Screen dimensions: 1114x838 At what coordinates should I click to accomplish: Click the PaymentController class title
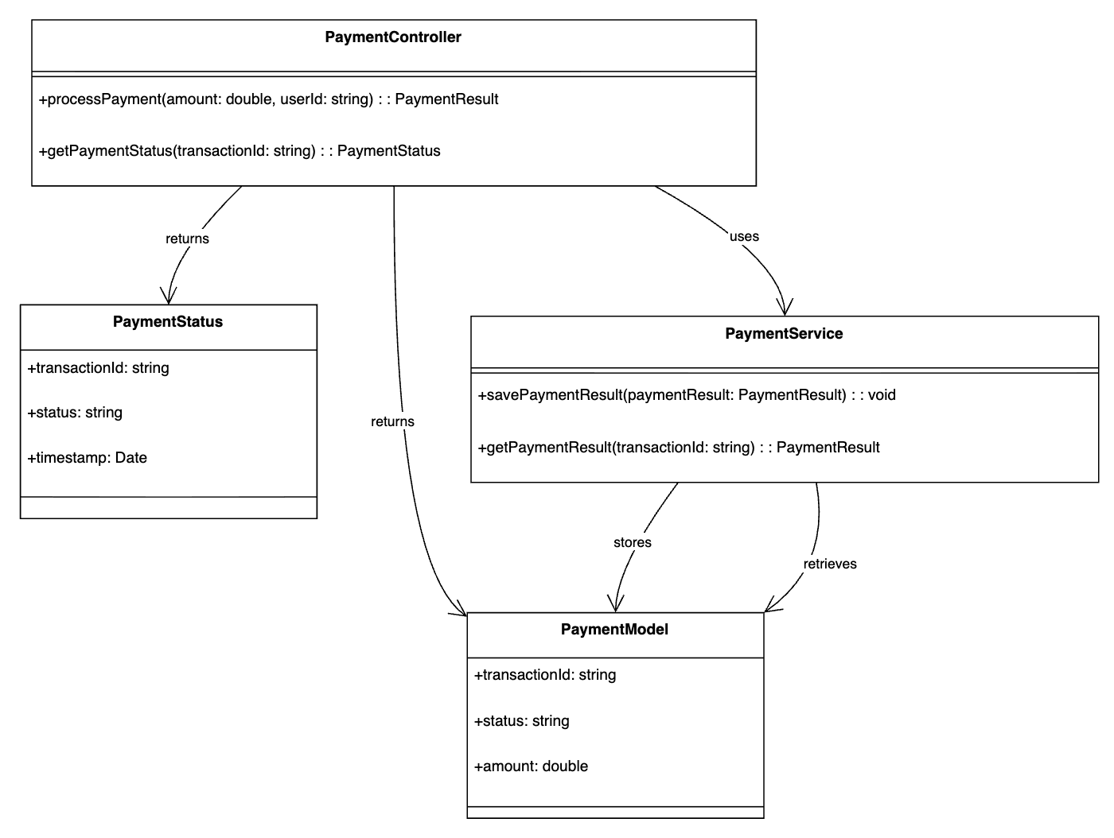(x=393, y=37)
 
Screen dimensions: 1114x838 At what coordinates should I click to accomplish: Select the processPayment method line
(x=268, y=99)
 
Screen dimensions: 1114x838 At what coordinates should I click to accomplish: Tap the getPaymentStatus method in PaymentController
(x=240, y=150)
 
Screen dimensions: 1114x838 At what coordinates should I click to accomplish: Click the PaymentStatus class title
(x=167, y=321)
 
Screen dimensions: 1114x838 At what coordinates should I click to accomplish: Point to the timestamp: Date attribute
(x=88, y=457)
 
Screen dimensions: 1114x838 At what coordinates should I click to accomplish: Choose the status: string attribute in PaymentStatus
(x=75, y=412)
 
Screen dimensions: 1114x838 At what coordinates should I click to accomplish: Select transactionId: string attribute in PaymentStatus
(x=98, y=367)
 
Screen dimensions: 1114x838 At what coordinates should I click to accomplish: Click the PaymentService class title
(x=784, y=334)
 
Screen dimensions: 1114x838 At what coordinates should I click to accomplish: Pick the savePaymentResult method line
(x=687, y=394)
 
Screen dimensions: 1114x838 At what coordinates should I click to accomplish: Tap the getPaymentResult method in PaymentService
(x=679, y=447)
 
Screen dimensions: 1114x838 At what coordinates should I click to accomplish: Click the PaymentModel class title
(x=614, y=629)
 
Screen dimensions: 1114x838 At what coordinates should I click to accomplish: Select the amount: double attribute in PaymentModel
(x=531, y=766)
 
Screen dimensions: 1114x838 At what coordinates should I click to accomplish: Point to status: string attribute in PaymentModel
(x=522, y=720)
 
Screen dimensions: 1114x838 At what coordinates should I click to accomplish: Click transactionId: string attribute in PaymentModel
(x=545, y=674)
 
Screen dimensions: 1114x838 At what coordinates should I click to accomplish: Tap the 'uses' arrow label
(x=744, y=236)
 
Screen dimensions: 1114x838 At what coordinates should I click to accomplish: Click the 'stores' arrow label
(x=633, y=542)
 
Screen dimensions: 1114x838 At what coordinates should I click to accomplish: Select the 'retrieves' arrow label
(x=830, y=564)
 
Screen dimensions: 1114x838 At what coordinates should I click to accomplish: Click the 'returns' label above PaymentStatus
(x=187, y=239)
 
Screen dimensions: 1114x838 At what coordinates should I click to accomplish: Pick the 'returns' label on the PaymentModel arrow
(x=392, y=421)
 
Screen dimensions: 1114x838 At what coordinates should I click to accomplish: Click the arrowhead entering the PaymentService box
(x=785, y=307)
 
